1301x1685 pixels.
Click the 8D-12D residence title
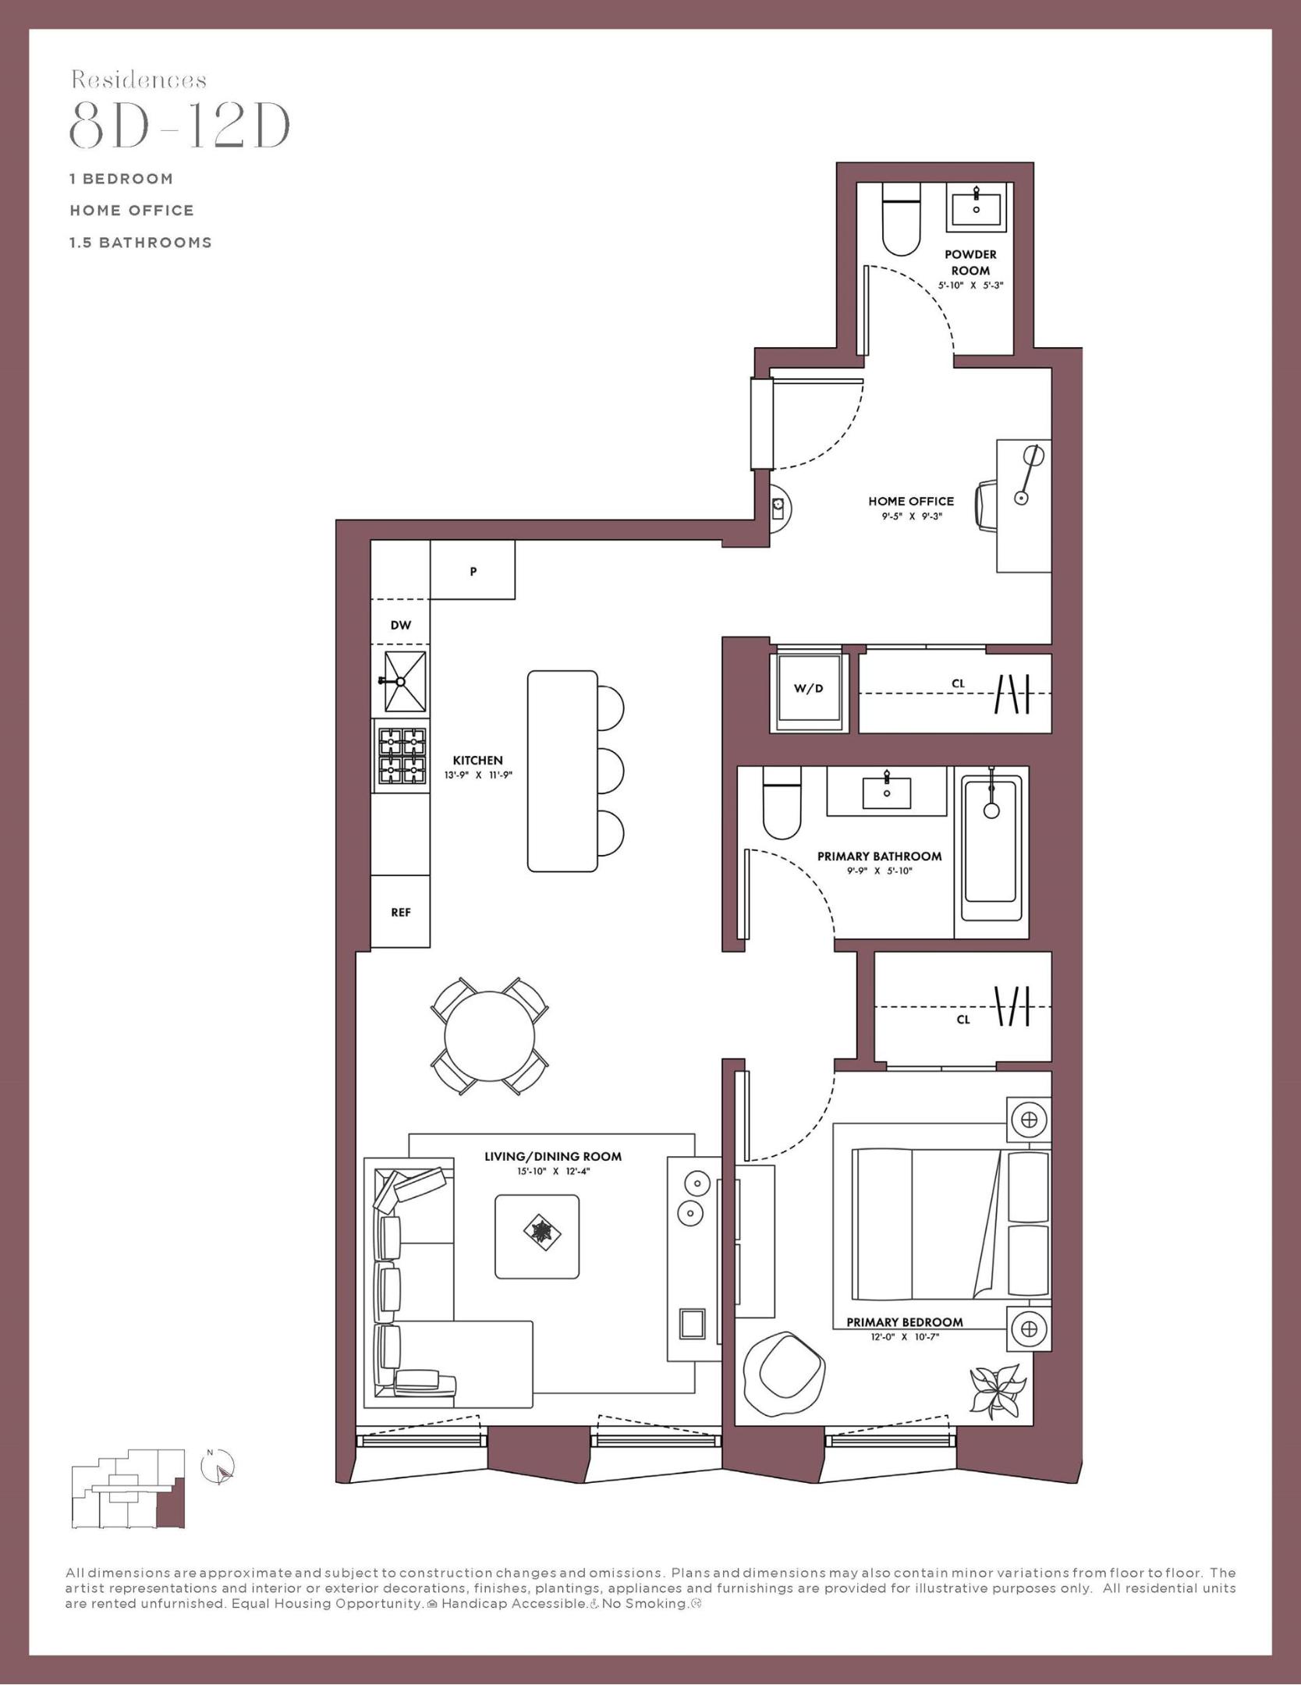(x=180, y=126)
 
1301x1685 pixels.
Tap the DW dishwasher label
(x=400, y=625)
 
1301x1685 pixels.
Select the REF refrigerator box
(x=400, y=911)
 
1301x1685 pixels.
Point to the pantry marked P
(x=473, y=571)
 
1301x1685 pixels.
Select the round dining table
(x=489, y=1035)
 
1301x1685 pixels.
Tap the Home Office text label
(x=910, y=501)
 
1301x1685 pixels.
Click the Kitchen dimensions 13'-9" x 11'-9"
(x=477, y=775)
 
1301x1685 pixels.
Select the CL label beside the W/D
(x=958, y=683)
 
